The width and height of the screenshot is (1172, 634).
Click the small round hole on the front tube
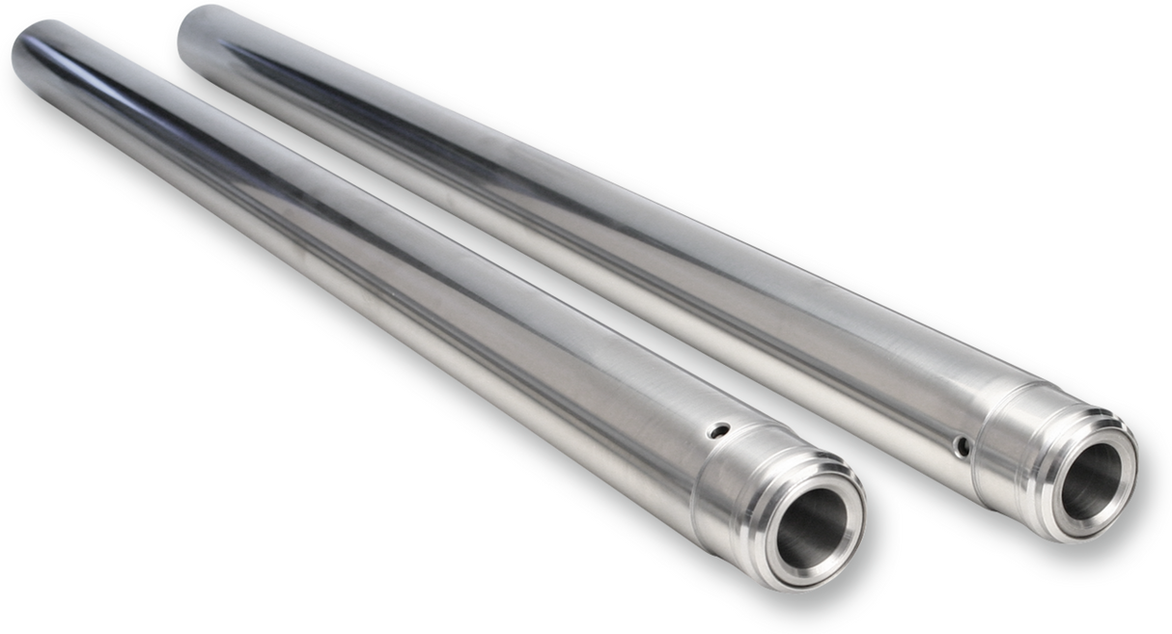point(715,430)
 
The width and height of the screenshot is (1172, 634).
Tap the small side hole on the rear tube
point(962,447)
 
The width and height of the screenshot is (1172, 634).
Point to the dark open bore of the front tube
point(812,527)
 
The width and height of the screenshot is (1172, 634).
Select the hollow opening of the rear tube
point(1091,481)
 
